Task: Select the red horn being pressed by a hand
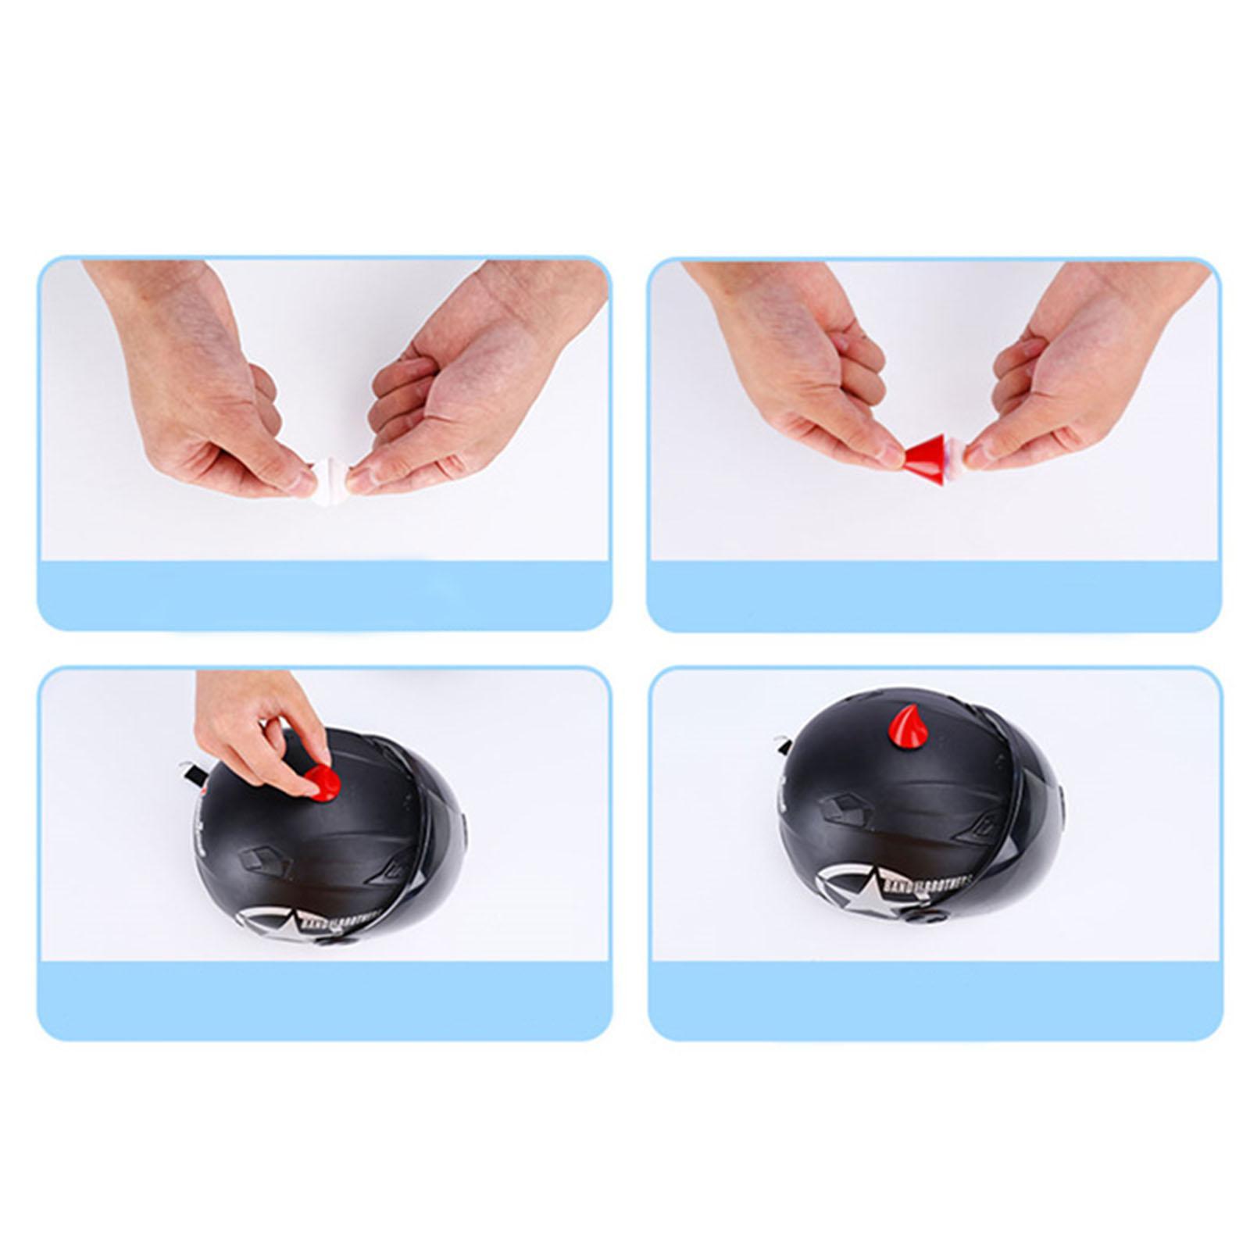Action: (323, 780)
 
